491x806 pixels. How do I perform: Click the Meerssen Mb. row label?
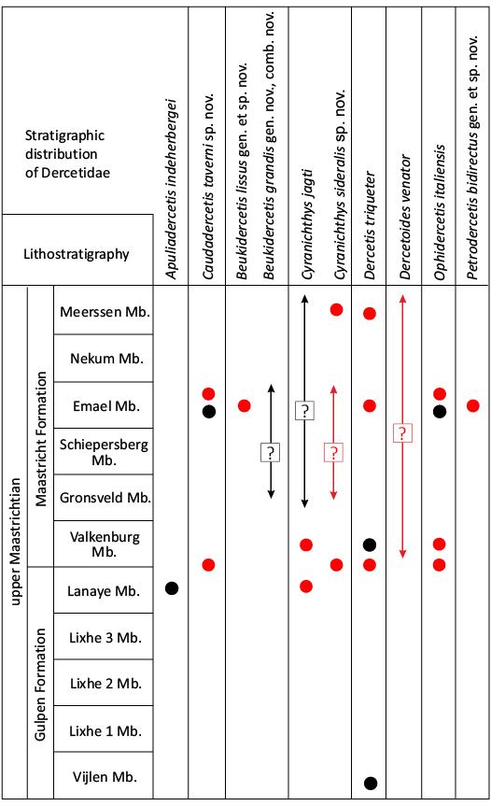tap(105, 312)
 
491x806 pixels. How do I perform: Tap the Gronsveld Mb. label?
tap(105, 498)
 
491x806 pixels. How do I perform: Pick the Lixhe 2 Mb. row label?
tap(105, 684)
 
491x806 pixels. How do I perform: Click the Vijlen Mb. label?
tap(105, 777)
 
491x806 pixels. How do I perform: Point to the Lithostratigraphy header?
tap(76, 254)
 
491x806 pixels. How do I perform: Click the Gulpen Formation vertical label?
tap(40, 685)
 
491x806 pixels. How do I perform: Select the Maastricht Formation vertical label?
tap(40, 439)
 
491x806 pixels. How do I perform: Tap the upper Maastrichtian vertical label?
tap(16, 542)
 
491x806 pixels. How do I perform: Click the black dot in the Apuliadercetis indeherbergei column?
tap(172, 588)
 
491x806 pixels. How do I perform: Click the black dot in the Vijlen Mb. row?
tap(371, 784)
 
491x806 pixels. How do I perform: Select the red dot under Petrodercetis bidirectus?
tap(473, 406)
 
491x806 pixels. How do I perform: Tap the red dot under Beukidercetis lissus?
tap(245, 406)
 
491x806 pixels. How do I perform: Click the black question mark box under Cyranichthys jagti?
tap(304, 411)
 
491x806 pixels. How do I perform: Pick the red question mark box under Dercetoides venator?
tap(402, 432)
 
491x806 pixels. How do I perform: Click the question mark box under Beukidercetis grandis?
tap(270, 453)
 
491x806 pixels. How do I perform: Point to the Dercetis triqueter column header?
tap(370, 225)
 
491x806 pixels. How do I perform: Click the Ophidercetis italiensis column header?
tap(439, 212)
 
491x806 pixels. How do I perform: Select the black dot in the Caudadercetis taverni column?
tap(208, 412)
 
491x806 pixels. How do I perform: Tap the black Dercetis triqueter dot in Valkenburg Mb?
tap(370, 544)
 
